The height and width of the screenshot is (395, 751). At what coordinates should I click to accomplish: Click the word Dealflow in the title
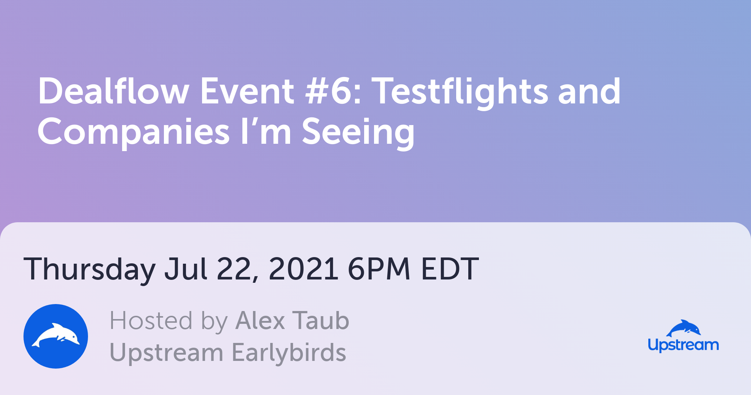(x=114, y=91)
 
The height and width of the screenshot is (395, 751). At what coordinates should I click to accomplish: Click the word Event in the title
(x=247, y=91)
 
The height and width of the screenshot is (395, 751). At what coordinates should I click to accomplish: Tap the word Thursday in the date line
(x=90, y=270)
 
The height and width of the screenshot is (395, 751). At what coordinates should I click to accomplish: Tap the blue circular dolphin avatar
(x=56, y=336)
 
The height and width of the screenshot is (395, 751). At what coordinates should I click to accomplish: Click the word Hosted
(x=151, y=321)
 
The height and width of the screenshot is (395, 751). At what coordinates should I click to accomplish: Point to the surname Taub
(x=320, y=321)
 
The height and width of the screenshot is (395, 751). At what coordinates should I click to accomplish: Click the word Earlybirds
(x=289, y=352)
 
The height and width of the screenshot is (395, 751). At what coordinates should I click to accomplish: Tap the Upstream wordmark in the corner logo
(x=683, y=345)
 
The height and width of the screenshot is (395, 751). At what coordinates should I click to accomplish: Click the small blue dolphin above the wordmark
(x=683, y=328)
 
